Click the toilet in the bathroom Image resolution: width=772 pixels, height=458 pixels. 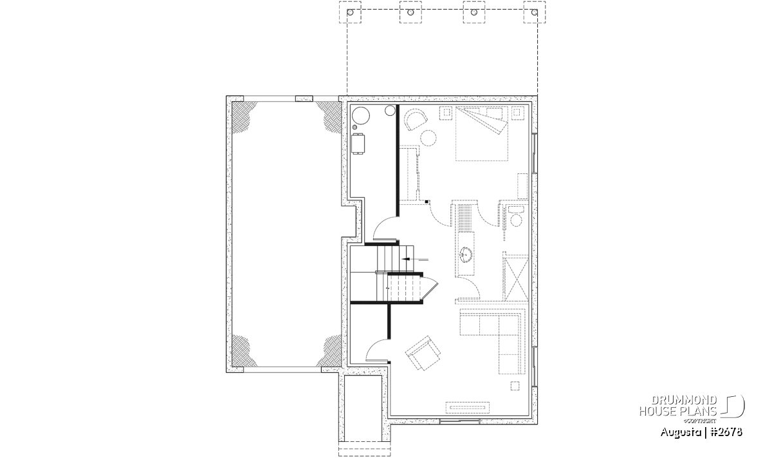click(x=516, y=216)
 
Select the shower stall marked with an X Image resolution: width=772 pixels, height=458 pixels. click(x=516, y=278)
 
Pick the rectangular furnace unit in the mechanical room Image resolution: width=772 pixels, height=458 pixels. click(x=358, y=144)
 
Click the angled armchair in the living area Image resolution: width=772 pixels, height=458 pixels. click(x=423, y=353)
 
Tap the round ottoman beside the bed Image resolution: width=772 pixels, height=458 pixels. click(x=428, y=138)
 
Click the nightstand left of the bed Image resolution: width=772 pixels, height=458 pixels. click(x=446, y=113)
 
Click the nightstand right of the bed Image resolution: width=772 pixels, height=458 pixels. click(x=518, y=113)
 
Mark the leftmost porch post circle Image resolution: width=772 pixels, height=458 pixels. click(x=350, y=12)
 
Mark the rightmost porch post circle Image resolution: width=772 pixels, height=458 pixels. click(x=535, y=12)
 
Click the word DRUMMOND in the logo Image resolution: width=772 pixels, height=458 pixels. click(x=684, y=400)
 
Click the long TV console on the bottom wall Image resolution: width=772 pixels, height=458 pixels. click(x=468, y=407)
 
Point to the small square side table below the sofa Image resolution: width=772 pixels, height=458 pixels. click(x=515, y=386)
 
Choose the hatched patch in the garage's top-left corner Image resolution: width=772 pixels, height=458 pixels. click(x=243, y=115)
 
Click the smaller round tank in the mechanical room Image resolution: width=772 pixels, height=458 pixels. click(x=390, y=110)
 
